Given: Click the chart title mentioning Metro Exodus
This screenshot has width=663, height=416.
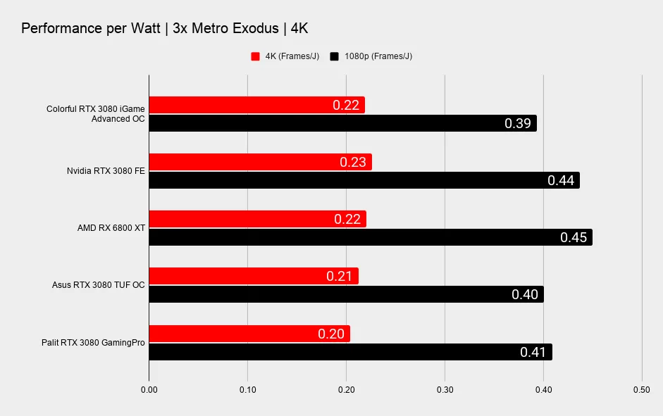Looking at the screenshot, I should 164,29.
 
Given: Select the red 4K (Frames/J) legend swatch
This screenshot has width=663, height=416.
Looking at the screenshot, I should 255,56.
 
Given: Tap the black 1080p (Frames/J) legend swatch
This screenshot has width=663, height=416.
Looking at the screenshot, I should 334,56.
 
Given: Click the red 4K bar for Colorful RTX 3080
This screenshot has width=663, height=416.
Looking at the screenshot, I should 256,106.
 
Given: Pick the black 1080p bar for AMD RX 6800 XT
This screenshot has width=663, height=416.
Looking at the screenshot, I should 370,237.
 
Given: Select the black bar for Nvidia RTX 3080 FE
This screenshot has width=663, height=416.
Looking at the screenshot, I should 364,180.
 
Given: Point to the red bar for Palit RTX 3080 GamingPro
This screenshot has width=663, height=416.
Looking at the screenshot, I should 249,334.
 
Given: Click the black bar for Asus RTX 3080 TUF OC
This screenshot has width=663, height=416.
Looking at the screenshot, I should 346,294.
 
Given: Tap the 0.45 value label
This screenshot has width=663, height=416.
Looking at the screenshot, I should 574,237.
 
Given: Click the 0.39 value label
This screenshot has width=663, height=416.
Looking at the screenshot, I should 518,124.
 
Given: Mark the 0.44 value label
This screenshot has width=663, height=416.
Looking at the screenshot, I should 561,180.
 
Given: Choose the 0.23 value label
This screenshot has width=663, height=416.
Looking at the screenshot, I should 352,162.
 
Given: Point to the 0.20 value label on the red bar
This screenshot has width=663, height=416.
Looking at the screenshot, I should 331,334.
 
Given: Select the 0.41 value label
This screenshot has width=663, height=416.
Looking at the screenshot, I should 533,352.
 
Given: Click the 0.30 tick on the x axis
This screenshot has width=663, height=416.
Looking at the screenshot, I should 445,389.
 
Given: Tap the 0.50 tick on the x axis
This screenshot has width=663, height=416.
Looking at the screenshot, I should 641,389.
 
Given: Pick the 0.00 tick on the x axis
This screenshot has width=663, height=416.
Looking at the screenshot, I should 149,389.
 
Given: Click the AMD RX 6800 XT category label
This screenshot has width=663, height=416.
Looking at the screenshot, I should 111,228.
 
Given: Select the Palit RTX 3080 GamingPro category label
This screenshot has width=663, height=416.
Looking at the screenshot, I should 93,343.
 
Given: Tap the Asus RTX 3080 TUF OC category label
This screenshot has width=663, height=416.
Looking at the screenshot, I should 98,285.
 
